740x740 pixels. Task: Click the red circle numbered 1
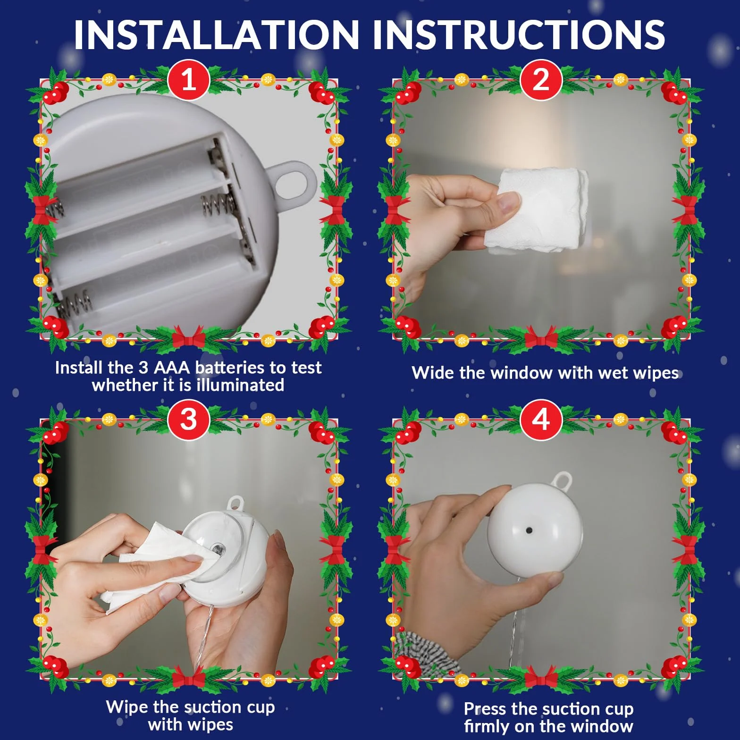click(188, 80)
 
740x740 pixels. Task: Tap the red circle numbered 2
click(541, 80)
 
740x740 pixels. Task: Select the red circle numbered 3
click(188, 419)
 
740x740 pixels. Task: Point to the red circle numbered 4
click(541, 419)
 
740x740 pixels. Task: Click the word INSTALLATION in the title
click(217, 34)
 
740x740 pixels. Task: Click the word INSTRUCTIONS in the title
click(519, 34)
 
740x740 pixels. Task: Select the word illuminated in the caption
click(240, 385)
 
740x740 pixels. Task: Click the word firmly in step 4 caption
click(487, 726)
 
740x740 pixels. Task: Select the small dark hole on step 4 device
click(529, 530)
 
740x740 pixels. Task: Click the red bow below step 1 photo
click(188, 337)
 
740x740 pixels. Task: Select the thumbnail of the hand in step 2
click(509, 203)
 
